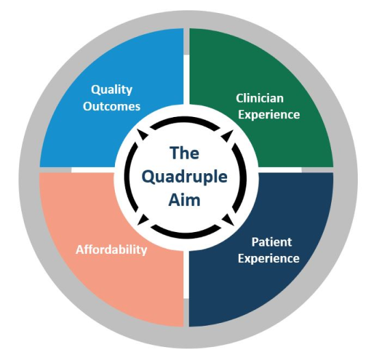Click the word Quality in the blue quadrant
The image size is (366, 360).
[112, 90]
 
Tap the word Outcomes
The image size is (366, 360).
[112, 107]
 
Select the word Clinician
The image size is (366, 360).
[260, 98]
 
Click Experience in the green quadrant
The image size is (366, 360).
[269, 115]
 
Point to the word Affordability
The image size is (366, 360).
[112, 250]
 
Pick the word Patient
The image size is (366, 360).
[272, 242]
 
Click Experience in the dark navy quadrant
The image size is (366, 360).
[269, 259]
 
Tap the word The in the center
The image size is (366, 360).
[185, 153]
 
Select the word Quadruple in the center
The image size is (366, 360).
[185, 177]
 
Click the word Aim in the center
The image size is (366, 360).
[185, 200]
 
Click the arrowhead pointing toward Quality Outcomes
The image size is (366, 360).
[142, 133]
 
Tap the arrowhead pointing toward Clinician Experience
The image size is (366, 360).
[227, 135]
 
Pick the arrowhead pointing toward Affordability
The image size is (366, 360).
[142, 220]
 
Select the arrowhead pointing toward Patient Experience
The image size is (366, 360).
[228, 220]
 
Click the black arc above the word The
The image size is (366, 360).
[185, 119]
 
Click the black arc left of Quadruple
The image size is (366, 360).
[127, 177]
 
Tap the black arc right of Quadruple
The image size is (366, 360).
[244, 177]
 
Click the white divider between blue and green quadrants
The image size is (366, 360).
[186, 79]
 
